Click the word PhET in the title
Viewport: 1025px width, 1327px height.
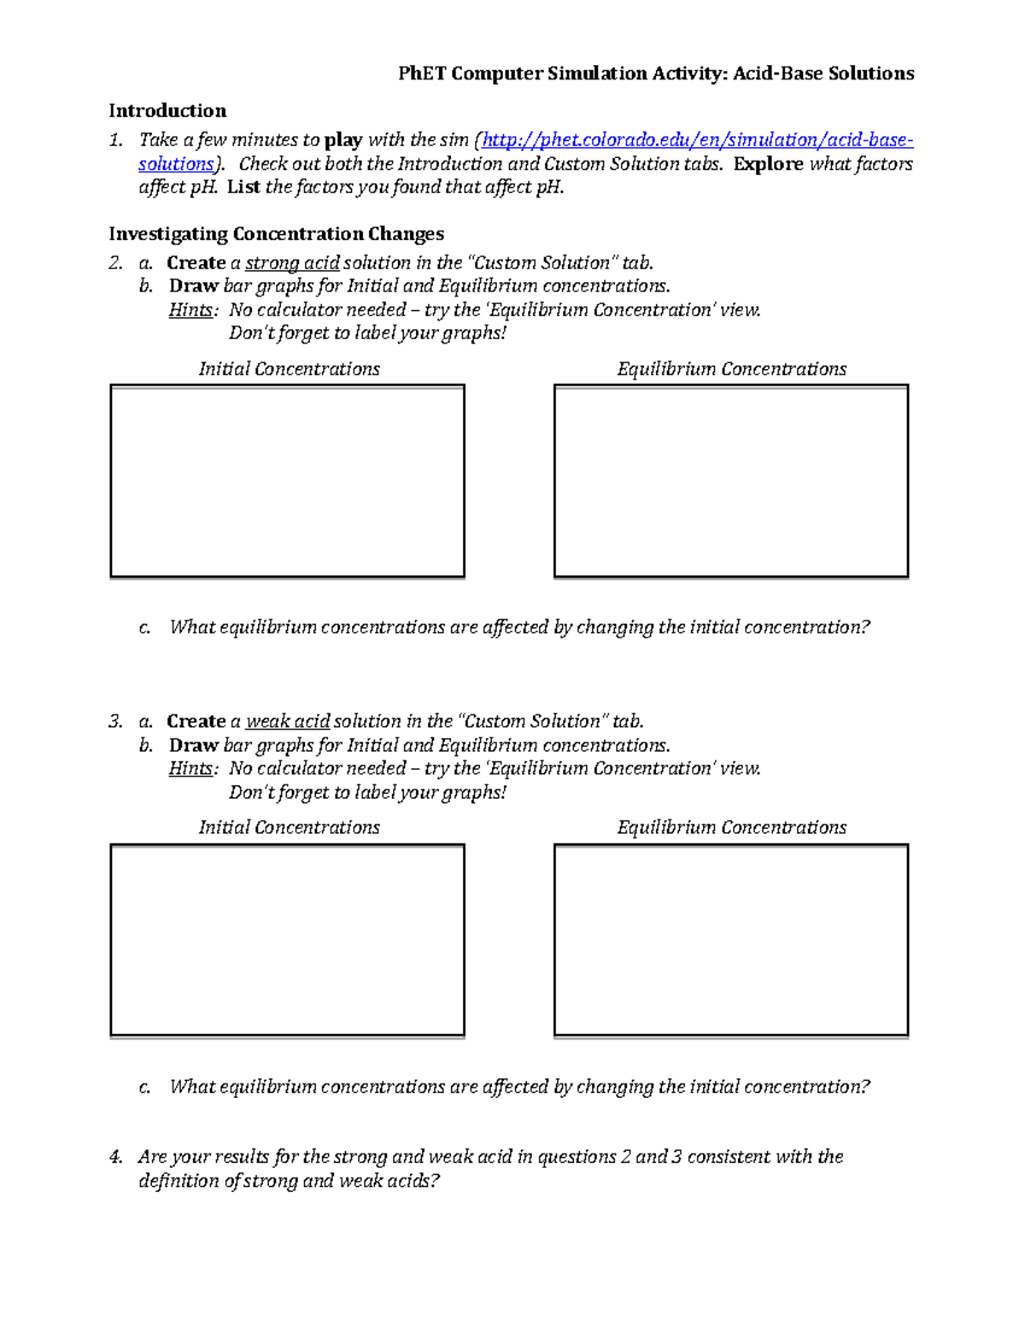[422, 73]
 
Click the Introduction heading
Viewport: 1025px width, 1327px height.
[167, 111]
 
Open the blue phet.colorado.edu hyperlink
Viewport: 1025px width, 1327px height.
[697, 140]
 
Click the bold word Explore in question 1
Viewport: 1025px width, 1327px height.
[768, 164]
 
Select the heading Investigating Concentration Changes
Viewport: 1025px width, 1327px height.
[276, 234]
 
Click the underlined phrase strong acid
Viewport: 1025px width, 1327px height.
[292, 263]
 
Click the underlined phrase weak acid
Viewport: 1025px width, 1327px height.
[288, 721]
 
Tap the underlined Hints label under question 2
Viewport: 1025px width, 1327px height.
[191, 310]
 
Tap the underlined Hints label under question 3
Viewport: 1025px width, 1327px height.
[191, 769]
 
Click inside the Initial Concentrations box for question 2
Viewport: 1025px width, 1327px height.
[287, 481]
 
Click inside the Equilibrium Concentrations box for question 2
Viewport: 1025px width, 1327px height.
[731, 481]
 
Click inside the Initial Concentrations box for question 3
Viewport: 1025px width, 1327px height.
[287, 940]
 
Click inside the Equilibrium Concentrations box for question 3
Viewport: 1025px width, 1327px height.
[731, 940]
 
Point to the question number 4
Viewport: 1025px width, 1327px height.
[115, 1157]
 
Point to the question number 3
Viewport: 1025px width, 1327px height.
[115, 721]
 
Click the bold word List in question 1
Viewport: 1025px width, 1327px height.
[243, 187]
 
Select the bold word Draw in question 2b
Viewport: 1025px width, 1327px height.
[193, 286]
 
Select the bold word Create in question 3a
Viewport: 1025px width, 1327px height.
[196, 721]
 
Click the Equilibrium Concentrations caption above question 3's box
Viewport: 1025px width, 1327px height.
[731, 827]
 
